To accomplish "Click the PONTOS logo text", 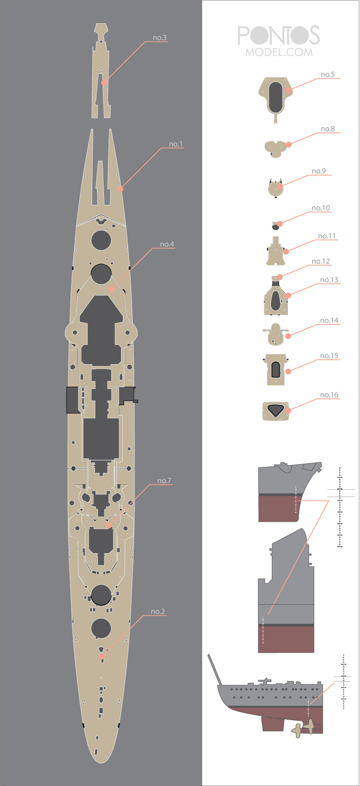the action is pos(279,36).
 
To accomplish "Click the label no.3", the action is pos(160,37).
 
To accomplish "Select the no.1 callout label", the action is pos(176,144).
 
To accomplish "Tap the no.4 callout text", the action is pos(167,244).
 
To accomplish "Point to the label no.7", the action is pos(164,481).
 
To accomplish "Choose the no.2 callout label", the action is pos(158,611).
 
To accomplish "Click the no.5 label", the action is pos(328,74).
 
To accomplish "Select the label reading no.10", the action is pos(321,208).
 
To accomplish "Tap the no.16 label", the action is pos(329,395).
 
